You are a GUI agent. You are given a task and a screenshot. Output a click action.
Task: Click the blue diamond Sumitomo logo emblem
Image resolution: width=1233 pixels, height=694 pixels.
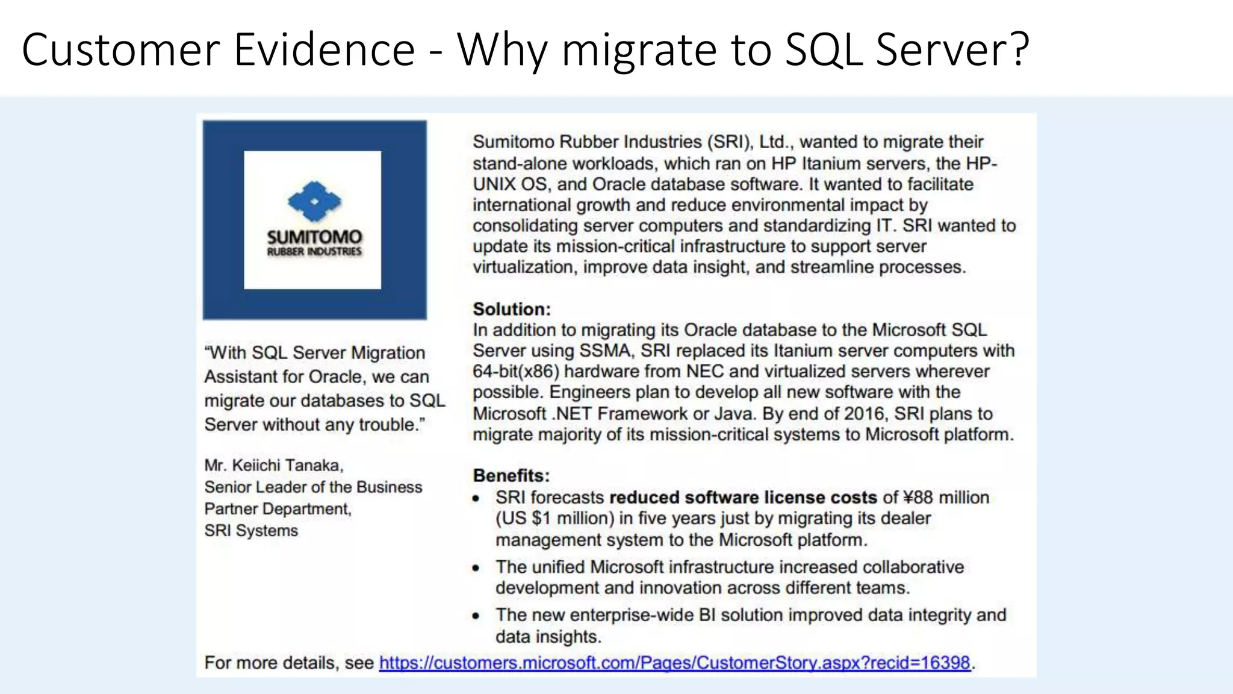coord(314,201)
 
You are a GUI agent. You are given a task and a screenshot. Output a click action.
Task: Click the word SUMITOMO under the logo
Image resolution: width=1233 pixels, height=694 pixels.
coord(314,237)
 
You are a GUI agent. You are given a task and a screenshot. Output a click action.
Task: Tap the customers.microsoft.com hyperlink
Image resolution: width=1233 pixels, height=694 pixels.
coord(674,663)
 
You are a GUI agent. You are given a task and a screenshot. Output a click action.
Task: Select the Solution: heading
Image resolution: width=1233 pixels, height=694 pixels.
coord(511,309)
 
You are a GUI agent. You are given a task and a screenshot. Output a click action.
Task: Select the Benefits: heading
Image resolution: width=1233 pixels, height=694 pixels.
coord(511,475)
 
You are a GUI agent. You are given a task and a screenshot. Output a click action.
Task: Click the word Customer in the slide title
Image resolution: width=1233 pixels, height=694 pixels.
coord(121,49)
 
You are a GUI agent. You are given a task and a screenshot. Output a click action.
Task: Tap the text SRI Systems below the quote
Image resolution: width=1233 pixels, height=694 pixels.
coord(251,531)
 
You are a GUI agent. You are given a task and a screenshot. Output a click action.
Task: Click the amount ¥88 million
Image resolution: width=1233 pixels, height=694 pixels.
coord(946,498)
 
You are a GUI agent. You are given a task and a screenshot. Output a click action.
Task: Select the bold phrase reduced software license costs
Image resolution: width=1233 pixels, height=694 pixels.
coord(743,498)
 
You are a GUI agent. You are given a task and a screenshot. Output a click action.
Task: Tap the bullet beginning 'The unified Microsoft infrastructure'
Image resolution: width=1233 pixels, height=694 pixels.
coord(729,567)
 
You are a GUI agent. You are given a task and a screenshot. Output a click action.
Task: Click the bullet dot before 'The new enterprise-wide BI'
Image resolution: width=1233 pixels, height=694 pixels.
coord(476,616)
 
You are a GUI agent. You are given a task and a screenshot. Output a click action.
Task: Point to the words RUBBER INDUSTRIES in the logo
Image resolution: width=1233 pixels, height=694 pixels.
coord(314,252)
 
